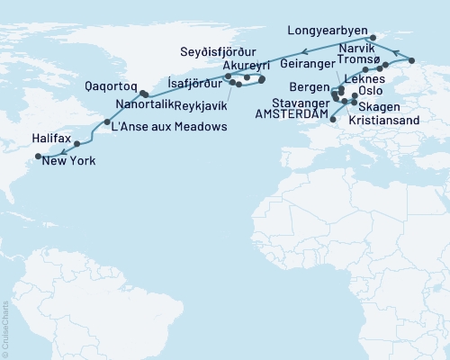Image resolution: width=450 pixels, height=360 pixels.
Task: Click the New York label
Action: [x=66, y=162]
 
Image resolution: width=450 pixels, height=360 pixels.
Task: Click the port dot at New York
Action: [x=38, y=156]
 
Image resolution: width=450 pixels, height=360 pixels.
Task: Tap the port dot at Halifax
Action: [x=77, y=144]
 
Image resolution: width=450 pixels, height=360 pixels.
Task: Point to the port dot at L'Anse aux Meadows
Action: [x=107, y=121]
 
